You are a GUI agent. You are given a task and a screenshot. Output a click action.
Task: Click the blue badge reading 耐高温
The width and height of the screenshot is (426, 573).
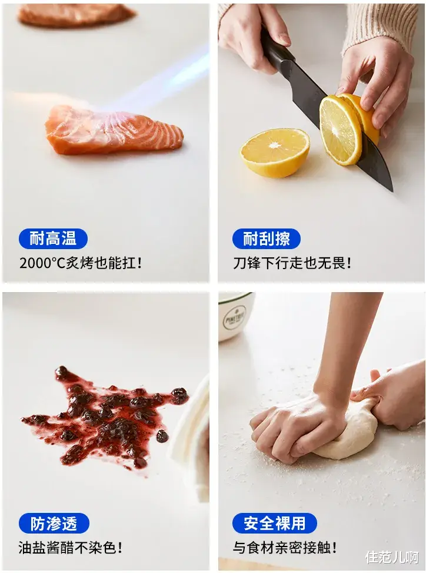[53, 239]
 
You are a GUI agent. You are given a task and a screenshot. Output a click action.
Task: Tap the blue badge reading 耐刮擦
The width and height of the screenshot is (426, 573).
[267, 239]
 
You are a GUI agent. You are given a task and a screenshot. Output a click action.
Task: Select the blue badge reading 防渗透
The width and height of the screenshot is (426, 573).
[54, 524]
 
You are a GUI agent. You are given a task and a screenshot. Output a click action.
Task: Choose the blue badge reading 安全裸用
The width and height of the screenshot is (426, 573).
[275, 524]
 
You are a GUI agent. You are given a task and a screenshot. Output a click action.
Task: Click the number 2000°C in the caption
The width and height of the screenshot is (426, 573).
[42, 263]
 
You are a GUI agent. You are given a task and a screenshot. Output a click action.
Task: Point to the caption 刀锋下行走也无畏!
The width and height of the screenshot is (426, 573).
[292, 263]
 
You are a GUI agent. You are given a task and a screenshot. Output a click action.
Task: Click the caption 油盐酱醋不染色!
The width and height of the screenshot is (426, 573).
[71, 548]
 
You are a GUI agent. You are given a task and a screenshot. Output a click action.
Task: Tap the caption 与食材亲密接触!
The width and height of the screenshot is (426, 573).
[285, 548]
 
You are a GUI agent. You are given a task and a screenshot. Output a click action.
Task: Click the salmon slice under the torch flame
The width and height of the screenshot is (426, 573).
[114, 130]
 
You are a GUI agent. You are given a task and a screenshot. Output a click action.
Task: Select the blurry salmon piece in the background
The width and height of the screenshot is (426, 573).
[76, 15]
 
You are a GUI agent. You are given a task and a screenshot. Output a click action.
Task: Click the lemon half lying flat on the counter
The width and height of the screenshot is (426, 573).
[275, 152]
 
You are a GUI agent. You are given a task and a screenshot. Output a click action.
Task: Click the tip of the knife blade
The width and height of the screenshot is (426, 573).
[392, 191]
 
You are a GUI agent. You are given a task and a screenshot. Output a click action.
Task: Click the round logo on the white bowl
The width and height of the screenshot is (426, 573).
[234, 317]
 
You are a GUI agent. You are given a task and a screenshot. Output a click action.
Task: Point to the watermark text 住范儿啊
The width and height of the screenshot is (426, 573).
[392, 557]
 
